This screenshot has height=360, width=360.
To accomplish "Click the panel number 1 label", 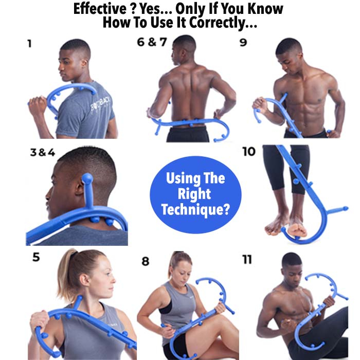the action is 29,44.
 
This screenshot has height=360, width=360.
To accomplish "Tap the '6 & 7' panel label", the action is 152,42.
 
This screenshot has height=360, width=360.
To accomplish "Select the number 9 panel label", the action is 243,42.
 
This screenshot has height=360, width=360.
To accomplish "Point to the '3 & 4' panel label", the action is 43,152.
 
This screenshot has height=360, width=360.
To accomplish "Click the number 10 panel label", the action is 249,152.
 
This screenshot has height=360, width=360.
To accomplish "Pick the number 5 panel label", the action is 37,257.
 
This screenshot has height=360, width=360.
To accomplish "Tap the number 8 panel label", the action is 146,261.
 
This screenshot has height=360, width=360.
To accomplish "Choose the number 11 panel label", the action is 247,259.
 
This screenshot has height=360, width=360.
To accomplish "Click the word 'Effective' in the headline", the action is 100,9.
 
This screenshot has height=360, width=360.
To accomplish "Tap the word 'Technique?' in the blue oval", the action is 195,209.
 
